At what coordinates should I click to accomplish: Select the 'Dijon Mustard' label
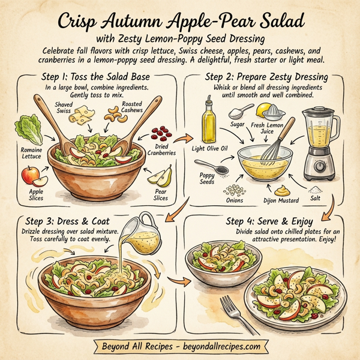point(281,201)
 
